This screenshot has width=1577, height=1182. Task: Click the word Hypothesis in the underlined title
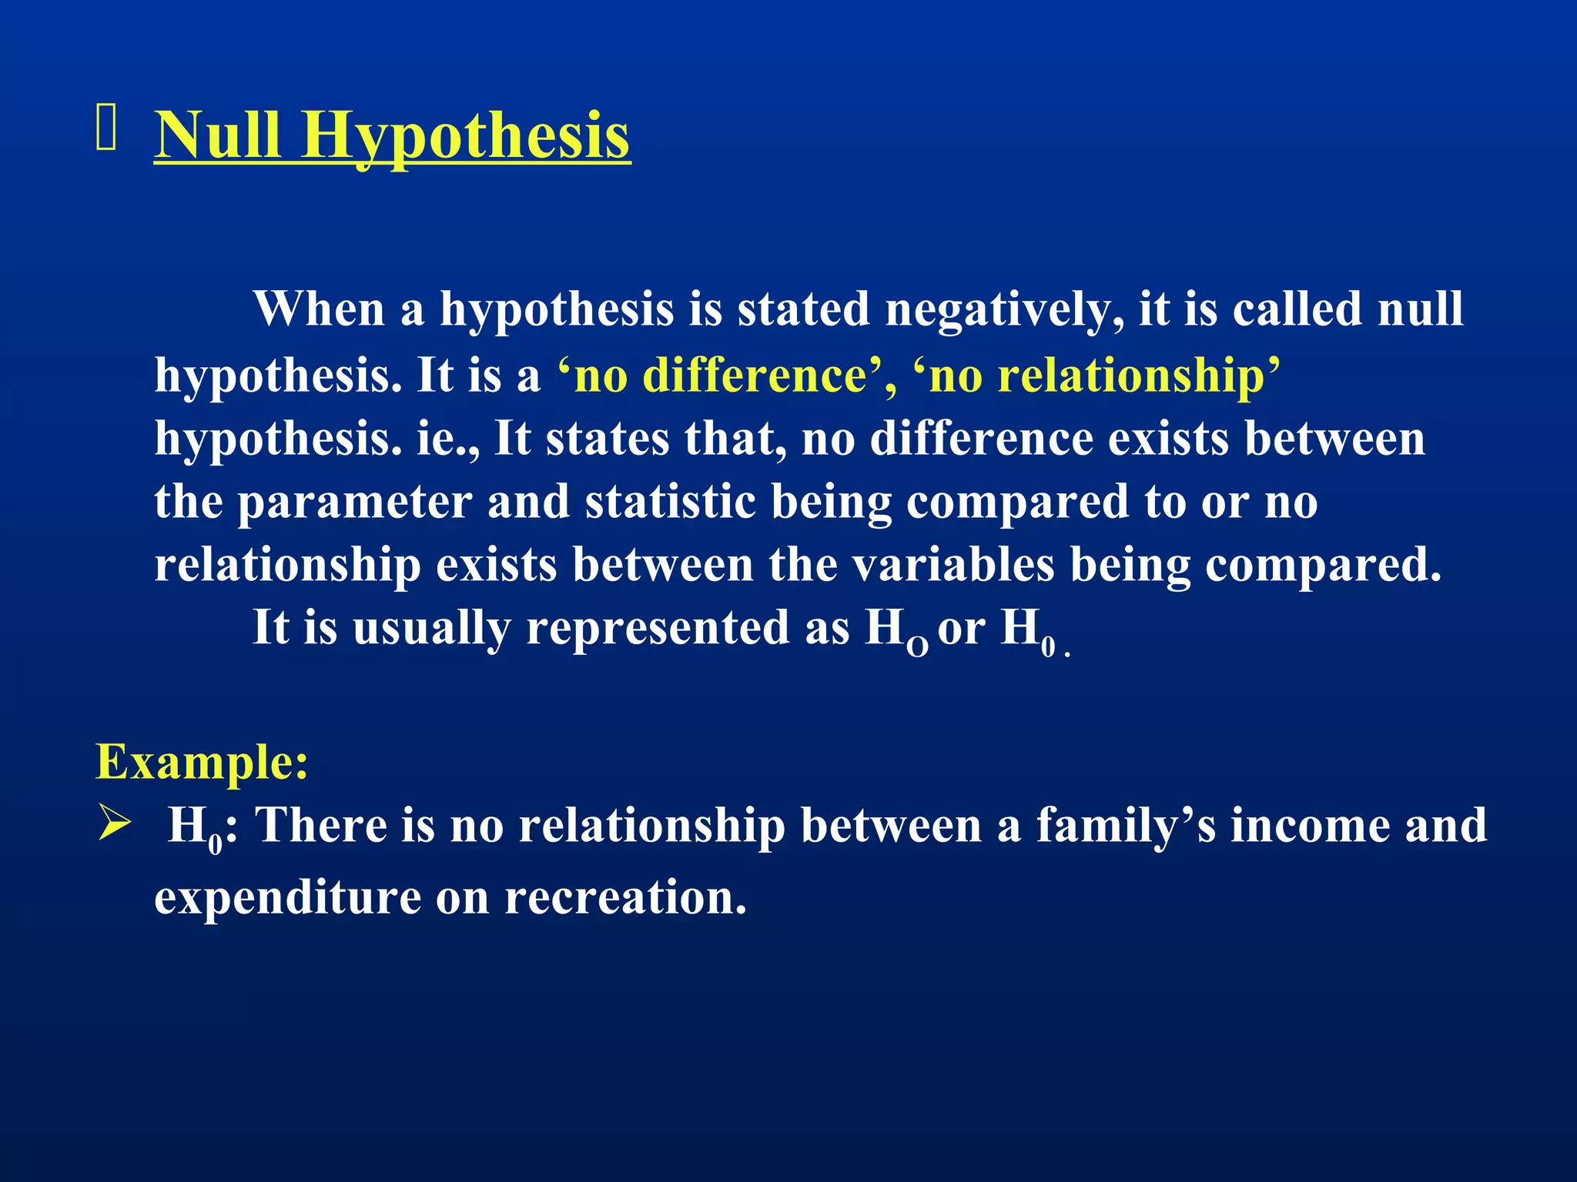coord(465,137)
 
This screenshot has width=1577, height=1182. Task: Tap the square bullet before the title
coord(105,128)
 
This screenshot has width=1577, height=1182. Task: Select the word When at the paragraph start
coord(319,309)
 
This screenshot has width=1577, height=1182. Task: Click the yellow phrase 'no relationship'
coord(1097,376)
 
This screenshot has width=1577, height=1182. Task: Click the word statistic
coord(670,502)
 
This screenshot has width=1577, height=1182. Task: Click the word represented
coord(658,628)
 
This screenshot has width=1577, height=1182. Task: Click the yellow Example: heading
coord(202,762)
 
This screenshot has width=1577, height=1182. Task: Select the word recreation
coord(625,897)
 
